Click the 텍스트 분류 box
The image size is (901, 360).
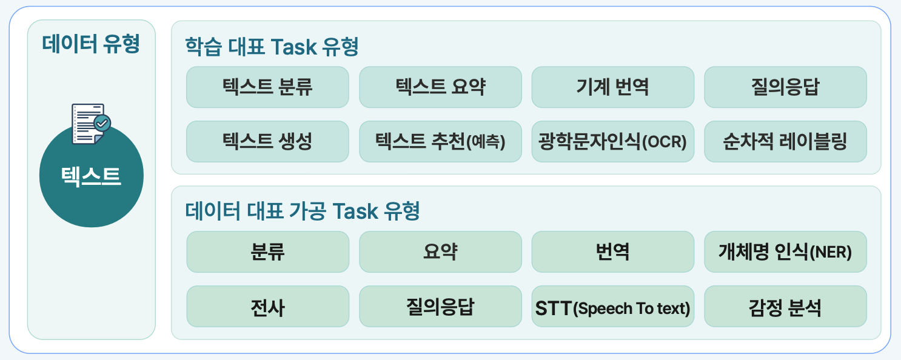pyautogui.click(x=267, y=87)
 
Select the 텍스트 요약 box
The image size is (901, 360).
pyautogui.click(x=440, y=87)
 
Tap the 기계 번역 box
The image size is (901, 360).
pyautogui.click(x=613, y=87)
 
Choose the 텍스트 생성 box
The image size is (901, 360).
pyautogui.click(x=267, y=142)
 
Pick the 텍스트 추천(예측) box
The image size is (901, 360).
pyautogui.click(x=440, y=142)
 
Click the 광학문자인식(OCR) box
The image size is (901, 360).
pyautogui.click(x=613, y=142)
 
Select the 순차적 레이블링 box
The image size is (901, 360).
pyautogui.click(x=786, y=142)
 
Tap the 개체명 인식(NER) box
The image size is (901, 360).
pyautogui.click(x=786, y=252)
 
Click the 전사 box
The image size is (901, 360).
pyautogui.click(x=268, y=307)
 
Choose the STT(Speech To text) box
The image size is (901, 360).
pyautogui.click(x=613, y=307)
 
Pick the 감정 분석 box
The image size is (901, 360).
pyautogui.click(x=786, y=307)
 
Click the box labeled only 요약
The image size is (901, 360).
pyautogui.click(x=440, y=252)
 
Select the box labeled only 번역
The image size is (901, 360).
pyautogui.click(x=613, y=252)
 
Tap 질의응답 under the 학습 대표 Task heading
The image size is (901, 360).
pyautogui.click(x=786, y=87)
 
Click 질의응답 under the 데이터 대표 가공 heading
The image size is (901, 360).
pyautogui.click(x=440, y=307)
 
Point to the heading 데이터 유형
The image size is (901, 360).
pyautogui.click(x=92, y=44)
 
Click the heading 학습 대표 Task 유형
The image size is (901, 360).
pyautogui.click(x=272, y=47)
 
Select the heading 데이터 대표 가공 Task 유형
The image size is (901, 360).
pyautogui.click(x=303, y=211)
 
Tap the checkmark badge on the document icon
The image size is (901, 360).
pyautogui.click(x=102, y=123)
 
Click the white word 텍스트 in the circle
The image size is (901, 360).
pyautogui.click(x=91, y=176)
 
